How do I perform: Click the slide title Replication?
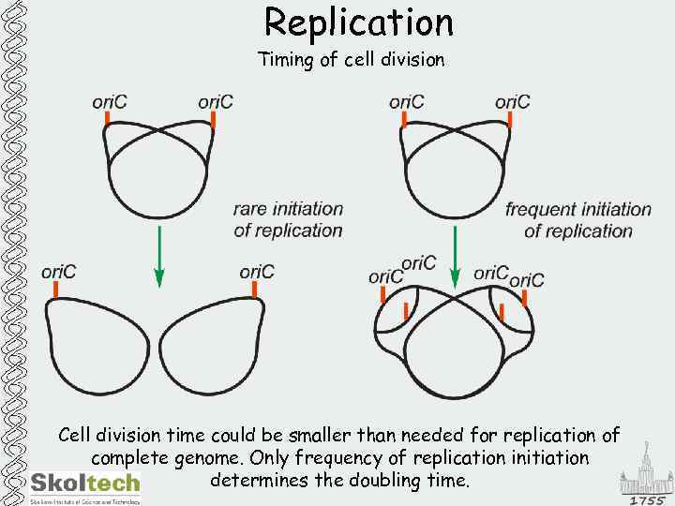point(359,22)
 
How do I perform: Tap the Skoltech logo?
point(84,484)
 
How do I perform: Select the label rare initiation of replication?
point(288,219)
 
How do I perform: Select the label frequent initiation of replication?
point(577,219)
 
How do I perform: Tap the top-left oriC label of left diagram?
point(111,101)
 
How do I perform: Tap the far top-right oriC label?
point(513,101)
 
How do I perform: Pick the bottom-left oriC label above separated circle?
point(58,272)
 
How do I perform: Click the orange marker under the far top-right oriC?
point(510,120)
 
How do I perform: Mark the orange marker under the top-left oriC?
point(108,119)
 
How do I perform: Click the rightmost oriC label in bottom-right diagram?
point(526,279)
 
